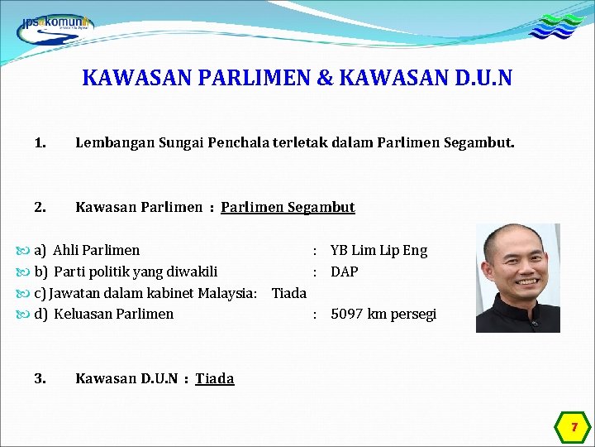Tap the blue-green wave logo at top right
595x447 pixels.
point(555,26)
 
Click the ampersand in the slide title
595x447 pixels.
point(325,79)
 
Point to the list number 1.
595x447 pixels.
point(40,143)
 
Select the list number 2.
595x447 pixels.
point(40,207)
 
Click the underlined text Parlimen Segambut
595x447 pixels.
point(288,207)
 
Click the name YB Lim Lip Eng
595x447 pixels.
point(378,250)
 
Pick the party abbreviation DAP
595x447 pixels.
point(345,272)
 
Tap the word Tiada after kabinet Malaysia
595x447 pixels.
point(289,293)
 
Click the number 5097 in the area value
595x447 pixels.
point(347,314)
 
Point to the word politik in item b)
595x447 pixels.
point(124,272)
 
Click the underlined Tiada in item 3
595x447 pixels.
point(215,378)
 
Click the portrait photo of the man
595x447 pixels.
point(518,278)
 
